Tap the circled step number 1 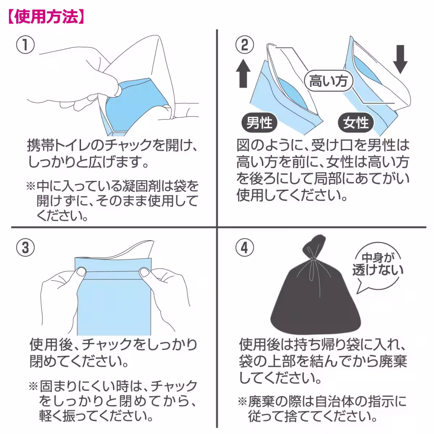[x=26, y=45]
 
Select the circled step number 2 [x=244, y=45]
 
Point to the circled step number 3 [x=26, y=248]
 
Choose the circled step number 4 [x=244, y=248]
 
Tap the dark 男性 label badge [x=259, y=123]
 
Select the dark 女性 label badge [x=356, y=123]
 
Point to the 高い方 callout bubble [x=328, y=81]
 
